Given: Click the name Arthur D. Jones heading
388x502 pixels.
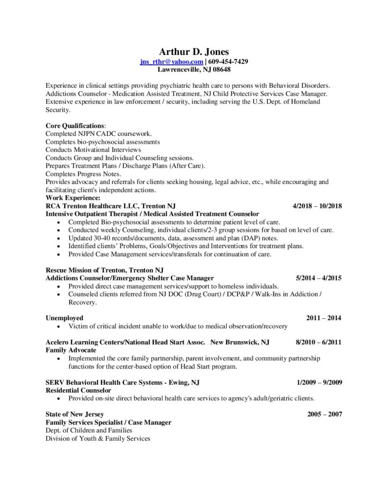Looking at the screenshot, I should pyautogui.click(x=194, y=51).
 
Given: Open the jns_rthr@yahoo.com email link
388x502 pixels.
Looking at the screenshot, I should pyautogui.click(x=171, y=61).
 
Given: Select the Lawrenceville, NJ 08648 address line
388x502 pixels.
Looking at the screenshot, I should pyautogui.click(x=194, y=70).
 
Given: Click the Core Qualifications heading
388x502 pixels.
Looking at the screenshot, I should pyautogui.click(x=75, y=126).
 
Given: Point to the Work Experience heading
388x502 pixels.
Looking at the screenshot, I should pyautogui.click(x=73, y=198).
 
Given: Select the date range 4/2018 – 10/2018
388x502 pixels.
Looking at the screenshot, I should pyautogui.click(x=317, y=206).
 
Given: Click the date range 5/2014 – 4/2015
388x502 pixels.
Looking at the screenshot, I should pyautogui.click(x=318, y=278).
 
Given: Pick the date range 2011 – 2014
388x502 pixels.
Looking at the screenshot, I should pyautogui.click(x=324, y=318).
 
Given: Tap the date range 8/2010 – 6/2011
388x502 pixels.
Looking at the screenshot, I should pyautogui.click(x=318, y=342).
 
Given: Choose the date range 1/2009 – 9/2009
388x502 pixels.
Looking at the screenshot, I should pyautogui.click(x=319, y=382).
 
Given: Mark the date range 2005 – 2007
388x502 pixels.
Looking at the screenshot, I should pyautogui.click(x=324, y=414).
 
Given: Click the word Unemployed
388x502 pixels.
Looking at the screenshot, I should pyautogui.click(x=64, y=318).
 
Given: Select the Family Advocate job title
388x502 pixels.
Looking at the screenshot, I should pyautogui.click(x=71, y=350).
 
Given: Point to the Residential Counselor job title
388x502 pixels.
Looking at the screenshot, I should pyautogui.click(x=78, y=390).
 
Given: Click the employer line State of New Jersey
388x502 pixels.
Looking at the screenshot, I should pyautogui.click(x=75, y=414).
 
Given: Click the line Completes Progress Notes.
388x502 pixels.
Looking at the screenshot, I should pyautogui.click(x=83, y=174).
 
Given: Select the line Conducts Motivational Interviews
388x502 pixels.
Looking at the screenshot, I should pyautogui.click(x=93, y=150).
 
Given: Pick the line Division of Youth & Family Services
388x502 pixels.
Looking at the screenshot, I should pyautogui.click(x=98, y=438).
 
